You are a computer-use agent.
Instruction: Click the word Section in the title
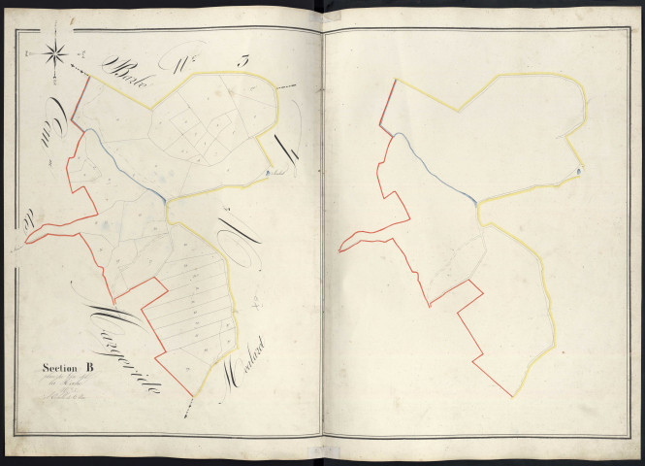[x=59, y=367]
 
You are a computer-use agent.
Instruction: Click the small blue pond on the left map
[x=265, y=176]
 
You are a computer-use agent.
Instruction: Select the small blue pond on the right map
[x=577, y=173]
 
